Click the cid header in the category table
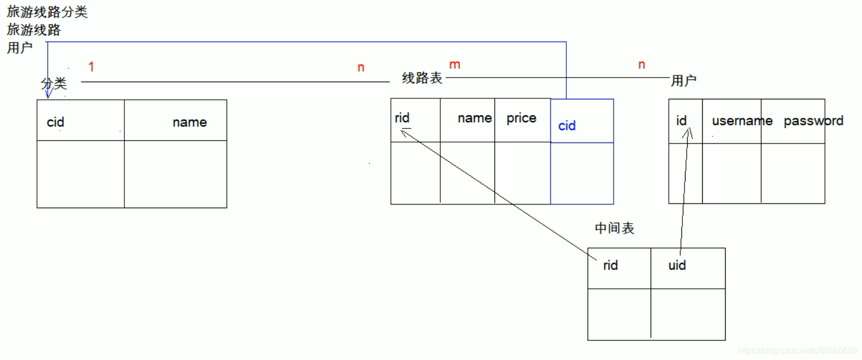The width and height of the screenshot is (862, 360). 55,122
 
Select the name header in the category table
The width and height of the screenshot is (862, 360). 189,122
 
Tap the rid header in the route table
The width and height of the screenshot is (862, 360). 402,118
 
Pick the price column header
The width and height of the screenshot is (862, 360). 521,118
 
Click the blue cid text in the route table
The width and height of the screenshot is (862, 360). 567,126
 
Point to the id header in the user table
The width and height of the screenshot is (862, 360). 681,121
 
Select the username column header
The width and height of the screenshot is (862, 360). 742,121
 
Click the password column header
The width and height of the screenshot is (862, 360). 813,121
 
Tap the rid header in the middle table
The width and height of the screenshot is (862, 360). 610,265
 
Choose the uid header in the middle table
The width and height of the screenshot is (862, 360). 677,265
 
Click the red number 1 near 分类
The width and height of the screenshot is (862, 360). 91,67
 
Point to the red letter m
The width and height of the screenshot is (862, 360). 454,65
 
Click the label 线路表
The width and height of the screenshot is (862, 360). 422,78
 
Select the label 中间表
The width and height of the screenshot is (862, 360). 614,228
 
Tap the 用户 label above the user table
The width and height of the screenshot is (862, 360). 683,81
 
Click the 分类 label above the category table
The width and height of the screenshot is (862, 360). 54,83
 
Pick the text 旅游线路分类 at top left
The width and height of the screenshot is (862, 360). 47,12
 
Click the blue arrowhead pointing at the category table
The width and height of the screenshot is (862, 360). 48,94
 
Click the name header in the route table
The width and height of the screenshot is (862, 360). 474,118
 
